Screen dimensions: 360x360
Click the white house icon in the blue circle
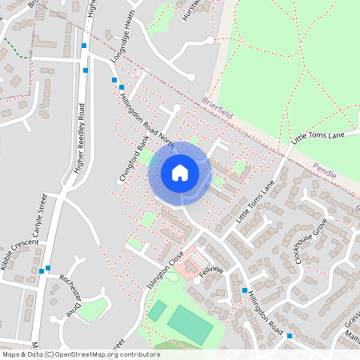click(180, 172)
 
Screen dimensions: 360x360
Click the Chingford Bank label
click(134, 159)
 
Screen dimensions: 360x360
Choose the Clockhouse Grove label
click(311, 239)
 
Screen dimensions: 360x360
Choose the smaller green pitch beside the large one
click(158, 310)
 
